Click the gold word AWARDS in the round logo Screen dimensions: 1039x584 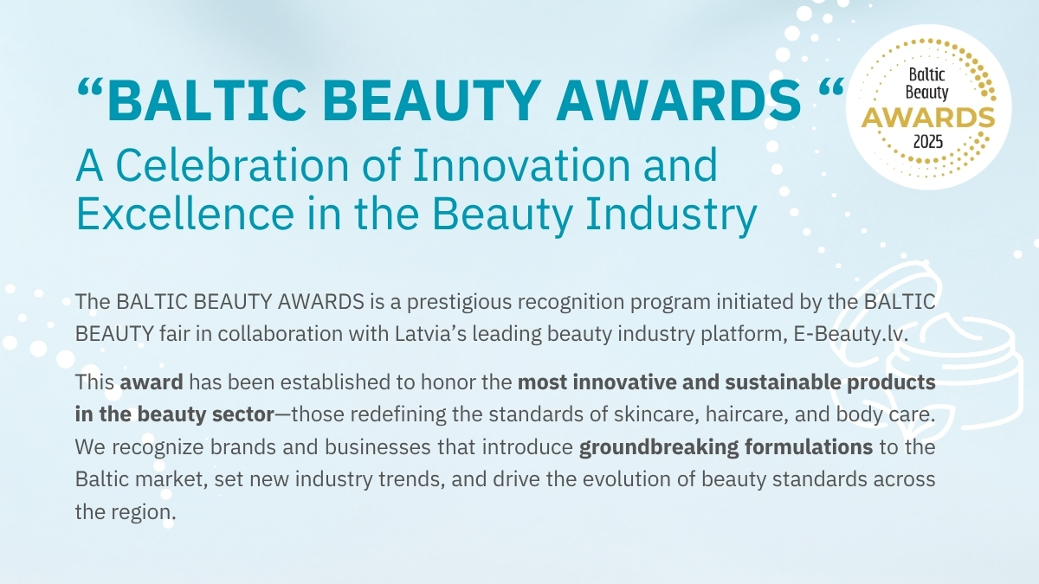pyautogui.click(x=928, y=118)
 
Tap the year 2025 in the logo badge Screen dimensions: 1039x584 pyautogui.click(x=928, y=141)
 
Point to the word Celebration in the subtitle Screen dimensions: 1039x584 pyautogui.click(x=232, y=165)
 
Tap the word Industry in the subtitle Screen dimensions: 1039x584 pyautogui.click(x=671, y=215)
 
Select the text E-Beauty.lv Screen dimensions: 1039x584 pyautogui.click(x=850, y=334)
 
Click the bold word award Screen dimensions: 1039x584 pyautogui.click(x=152, y=382)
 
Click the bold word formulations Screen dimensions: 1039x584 pyautogui.click(x=809, y=447)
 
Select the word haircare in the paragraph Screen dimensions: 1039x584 pyautogui.click(x=746, y=414)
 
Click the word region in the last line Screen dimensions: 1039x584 pyautogui.click(x=144, y=513)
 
